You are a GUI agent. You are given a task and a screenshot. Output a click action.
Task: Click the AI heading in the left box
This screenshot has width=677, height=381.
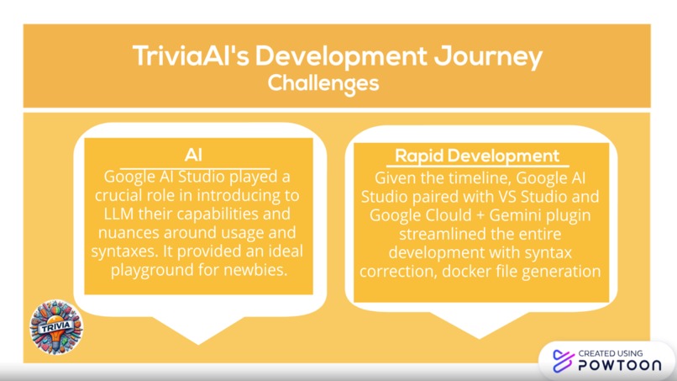click(194, 156)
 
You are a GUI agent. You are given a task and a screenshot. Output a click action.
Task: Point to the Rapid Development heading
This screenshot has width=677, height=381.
click(477, 156)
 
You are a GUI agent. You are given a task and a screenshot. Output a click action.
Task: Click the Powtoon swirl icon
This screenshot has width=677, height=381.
click(561, 361)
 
